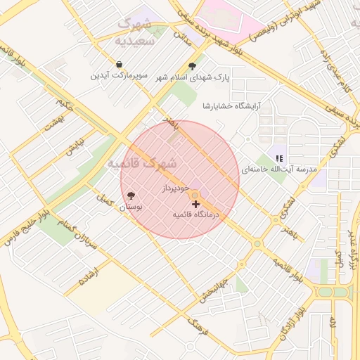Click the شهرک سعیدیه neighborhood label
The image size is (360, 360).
click(134, 32)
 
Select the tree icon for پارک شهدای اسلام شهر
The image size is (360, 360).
click(193, 65)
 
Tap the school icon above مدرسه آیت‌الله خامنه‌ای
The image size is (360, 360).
click(280, 158)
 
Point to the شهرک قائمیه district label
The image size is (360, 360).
click(141, 163)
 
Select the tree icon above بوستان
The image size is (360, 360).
click(130, 196)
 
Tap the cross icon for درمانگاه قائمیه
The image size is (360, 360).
click(195, 204)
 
